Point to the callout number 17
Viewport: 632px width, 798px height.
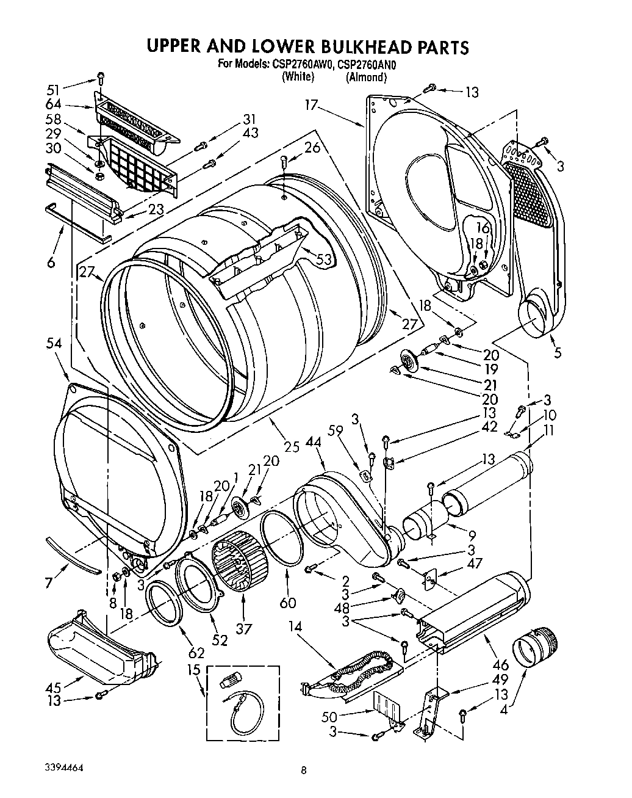[313, 106]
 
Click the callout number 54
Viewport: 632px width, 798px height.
[54, 344]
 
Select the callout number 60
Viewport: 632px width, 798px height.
[287, 603]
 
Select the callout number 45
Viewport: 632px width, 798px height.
[54, 686]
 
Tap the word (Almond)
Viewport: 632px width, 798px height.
[366, 77]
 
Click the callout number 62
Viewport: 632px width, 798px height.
[186, 639]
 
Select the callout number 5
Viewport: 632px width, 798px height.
[558, 352]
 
